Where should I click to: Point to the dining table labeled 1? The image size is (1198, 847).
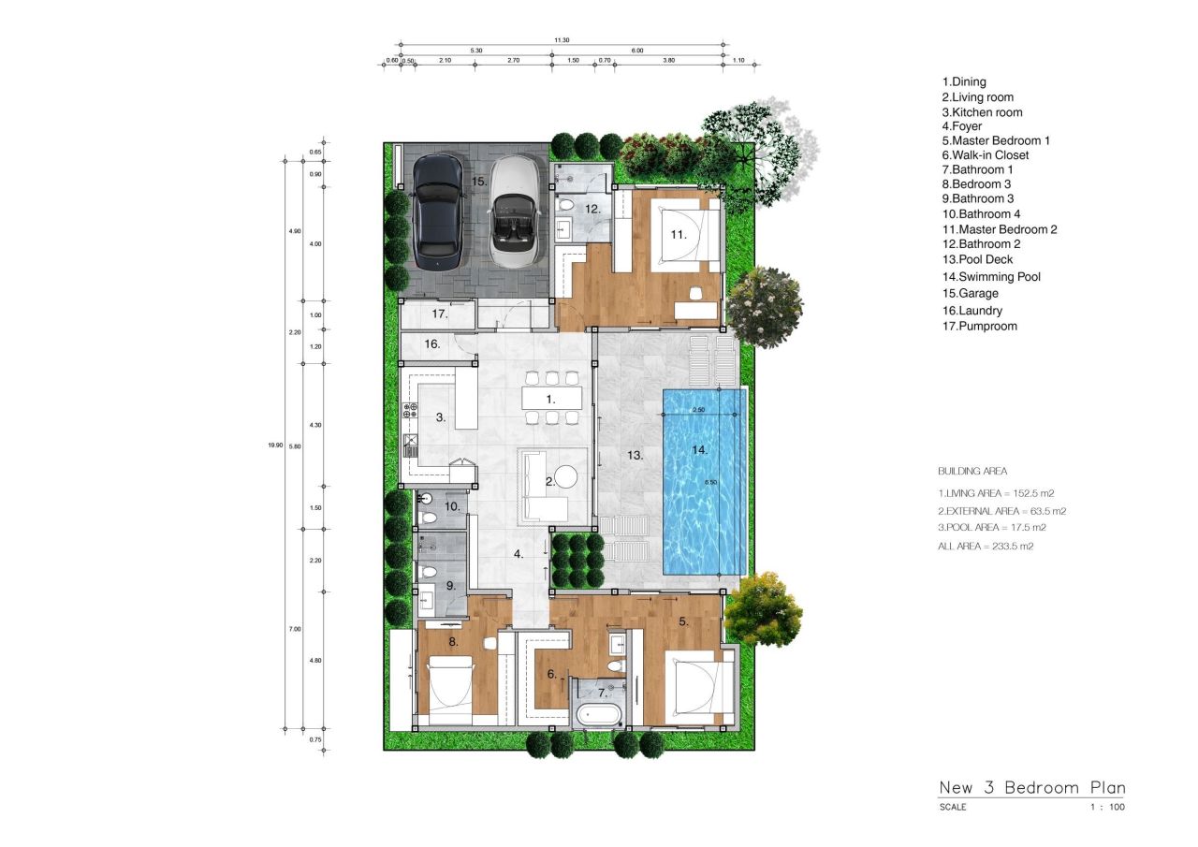(551, 399)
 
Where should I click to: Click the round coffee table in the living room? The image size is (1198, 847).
(567, 477)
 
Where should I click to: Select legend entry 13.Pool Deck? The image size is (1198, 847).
(977, 259)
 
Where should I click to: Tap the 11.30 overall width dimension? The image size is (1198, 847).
(562, 40)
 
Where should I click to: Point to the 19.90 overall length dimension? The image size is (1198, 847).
(274, 445)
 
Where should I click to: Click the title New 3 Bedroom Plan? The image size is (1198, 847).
(1032, 787)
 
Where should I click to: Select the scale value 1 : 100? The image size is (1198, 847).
(1107, 807)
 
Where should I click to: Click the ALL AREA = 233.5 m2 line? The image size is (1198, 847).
(986, 546)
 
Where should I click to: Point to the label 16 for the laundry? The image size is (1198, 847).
(431, 344)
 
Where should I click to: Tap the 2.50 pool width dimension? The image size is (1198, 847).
(697, 410)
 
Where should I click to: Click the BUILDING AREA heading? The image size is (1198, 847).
(972, 471)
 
